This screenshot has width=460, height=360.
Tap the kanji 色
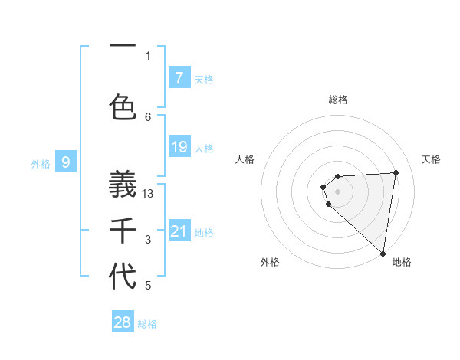point(123,106)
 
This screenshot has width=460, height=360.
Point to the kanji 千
point(123,231)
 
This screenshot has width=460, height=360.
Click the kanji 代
point(123,277)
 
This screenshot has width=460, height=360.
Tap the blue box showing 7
point(179,77)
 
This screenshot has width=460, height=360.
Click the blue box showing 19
point(179,147)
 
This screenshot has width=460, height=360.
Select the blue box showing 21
point(179,231)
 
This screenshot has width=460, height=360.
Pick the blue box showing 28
point(123,322)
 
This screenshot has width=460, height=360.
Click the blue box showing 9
point(67,162)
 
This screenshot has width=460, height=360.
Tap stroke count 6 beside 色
point(148,116)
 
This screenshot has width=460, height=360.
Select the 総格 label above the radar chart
point(338,100)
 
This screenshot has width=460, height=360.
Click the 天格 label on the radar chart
point(431,159)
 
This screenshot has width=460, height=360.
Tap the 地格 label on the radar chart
point(402,262)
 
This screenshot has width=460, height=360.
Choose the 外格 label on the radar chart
point(269,262)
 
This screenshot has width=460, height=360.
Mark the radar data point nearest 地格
point(383,253)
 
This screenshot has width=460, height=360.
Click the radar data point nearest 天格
point(396,172)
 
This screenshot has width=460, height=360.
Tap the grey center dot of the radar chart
point(337,191)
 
